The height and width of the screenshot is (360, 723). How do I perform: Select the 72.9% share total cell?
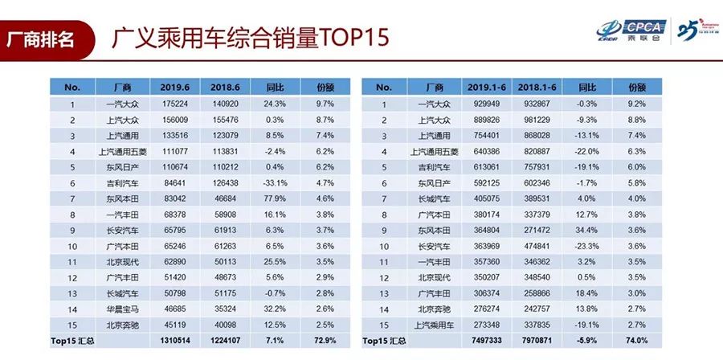[x=325, y=342]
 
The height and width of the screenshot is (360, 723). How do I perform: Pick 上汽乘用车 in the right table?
[x=434, y=325]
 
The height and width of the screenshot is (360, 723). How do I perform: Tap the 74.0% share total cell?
[x=637, y=342]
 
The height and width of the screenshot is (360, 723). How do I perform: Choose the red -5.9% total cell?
[x=588, y=342]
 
